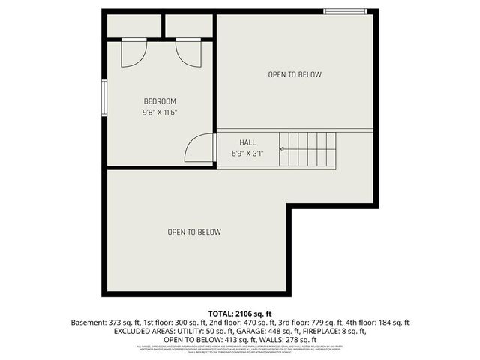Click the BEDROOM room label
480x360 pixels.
160,101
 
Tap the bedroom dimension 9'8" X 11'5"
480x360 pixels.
160,112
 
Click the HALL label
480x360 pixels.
247,142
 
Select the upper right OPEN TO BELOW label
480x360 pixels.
295,74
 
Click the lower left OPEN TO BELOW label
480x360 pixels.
194,232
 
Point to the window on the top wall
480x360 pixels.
345,11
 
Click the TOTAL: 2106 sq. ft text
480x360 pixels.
240,313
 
